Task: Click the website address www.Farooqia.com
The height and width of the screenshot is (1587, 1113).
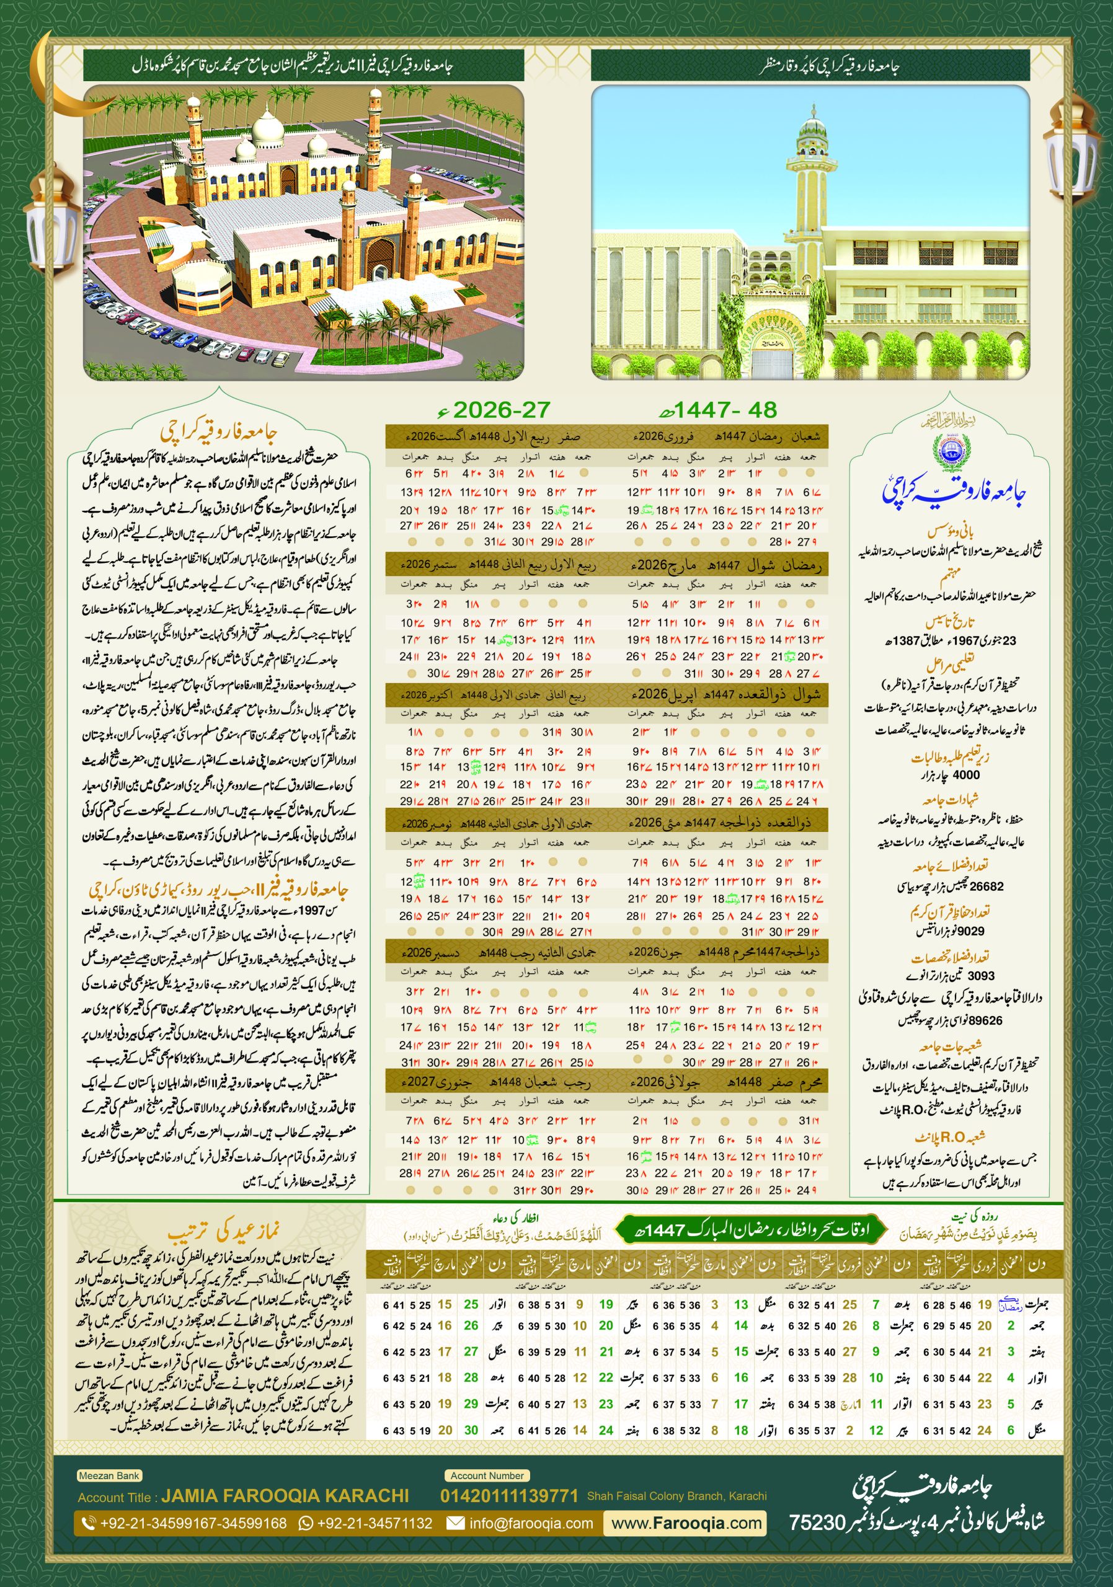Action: tap(686, 1523)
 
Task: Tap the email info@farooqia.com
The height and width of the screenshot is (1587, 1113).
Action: tap(530, 1523)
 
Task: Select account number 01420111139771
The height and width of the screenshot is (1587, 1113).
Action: tap(509, 1496)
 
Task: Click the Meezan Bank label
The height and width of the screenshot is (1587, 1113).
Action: tap(109, 1475)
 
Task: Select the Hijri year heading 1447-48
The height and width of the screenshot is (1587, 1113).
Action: tap(725, 410)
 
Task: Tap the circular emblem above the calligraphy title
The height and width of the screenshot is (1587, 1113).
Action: tap(951, 449)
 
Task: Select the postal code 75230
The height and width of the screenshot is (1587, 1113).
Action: tap(818, 1522)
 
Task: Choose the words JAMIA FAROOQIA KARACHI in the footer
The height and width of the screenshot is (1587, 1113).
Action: tap(285, 1496)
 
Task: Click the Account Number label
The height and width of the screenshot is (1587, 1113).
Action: tap(487, 1475)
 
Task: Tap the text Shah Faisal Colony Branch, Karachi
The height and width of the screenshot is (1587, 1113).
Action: tap(676, 1496)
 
